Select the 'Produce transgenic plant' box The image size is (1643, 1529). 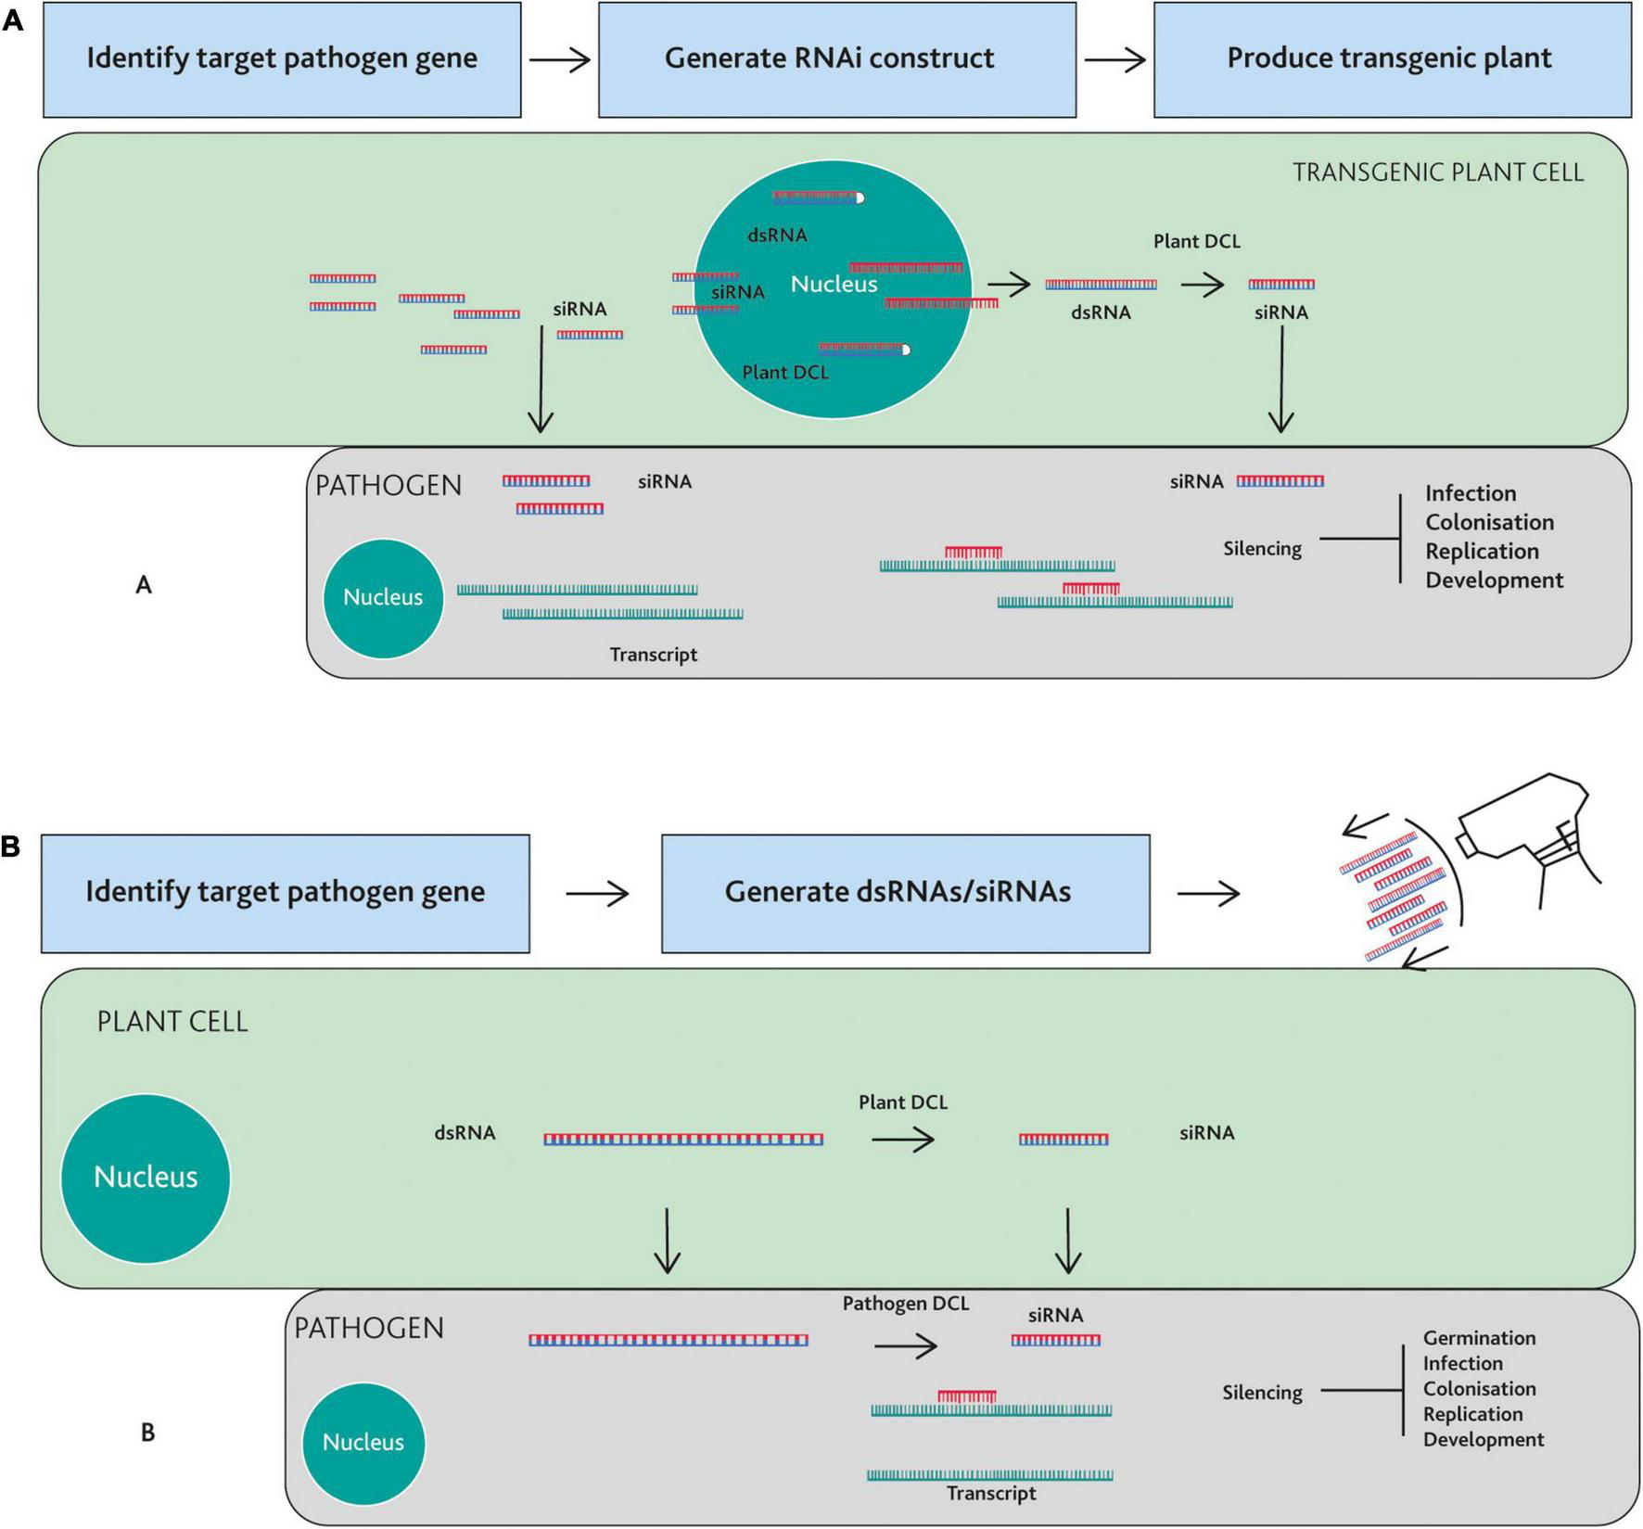[x=1391, y=59]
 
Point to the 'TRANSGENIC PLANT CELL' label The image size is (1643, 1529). [x=1437, y=172]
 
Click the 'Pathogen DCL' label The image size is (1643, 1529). [x=905, y=1304]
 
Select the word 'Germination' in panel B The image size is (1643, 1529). [x=1479, y=1338]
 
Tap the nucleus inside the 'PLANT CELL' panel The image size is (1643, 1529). [x=146, y=1178]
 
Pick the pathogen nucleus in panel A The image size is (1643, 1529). [x=383, y=598]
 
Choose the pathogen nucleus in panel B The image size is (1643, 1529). [x=363, y=1443]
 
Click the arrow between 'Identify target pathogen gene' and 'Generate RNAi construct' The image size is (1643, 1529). [x=560, y=60]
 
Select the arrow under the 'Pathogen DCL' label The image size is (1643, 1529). [x=905, y=1345]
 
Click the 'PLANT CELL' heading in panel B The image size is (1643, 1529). [x=172, y=1022]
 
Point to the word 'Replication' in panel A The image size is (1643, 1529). [x=1482, y=551]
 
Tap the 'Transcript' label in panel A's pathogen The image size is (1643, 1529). [x=653, y=655]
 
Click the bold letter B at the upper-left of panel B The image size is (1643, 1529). [x=10, y=847]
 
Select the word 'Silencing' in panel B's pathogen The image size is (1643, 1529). [x=1262, y=1393]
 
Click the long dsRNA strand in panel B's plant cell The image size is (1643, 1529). [x=682, y=1140]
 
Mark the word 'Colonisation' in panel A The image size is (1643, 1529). [x=1489, y=522]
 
